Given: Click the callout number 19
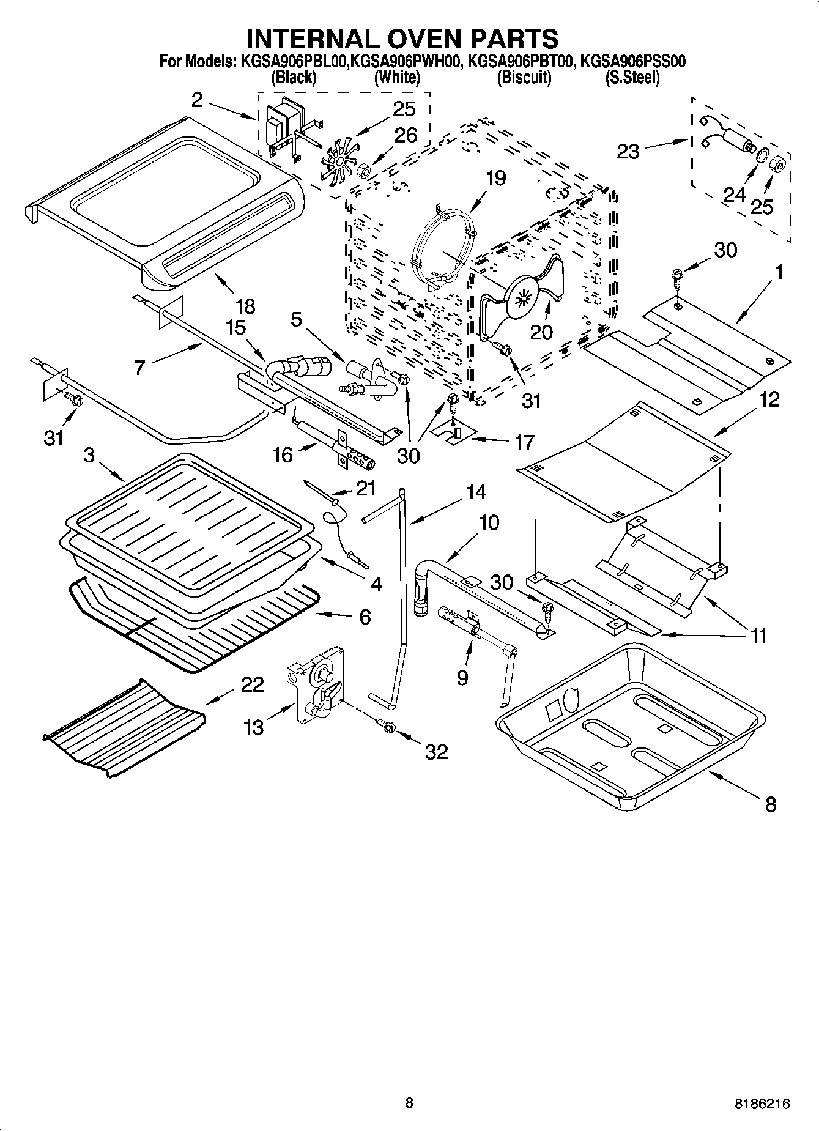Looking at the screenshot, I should (496, 178).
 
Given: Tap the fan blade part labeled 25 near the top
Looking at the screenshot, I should (336, 162).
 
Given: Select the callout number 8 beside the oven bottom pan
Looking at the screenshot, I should (770, 804).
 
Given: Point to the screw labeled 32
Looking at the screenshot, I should (387, 725).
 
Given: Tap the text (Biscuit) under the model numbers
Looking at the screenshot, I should (524, 78).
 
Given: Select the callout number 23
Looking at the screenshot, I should (628, 150).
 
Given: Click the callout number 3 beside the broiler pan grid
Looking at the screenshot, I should (89, 455).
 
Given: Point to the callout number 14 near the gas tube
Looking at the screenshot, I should (476, 492).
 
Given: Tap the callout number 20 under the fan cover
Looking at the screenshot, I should (541, 332).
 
